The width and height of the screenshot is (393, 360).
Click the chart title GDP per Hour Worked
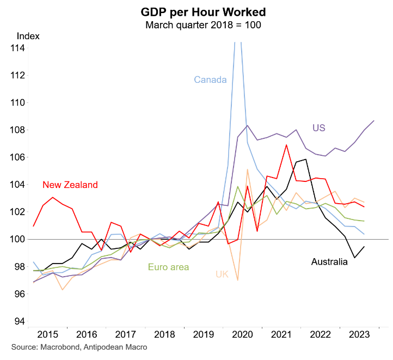pyautogui.click(x=196, y=11)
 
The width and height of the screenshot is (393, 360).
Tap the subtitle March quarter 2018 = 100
pyautogui.click(x=196, y=25)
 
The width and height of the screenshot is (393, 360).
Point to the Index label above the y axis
pyautogui.click(x=28, y=36)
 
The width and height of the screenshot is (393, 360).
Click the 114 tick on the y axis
pyautogui.click(x=18, y=48)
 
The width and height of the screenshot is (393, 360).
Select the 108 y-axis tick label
pyautogui.click(x=18, y=130)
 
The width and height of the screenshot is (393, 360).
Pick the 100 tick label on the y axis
pyautogui.click(x=18, y=240)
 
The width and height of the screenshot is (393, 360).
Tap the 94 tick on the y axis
pyautogui.click(x=18, y=321)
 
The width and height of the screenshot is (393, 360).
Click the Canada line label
pyautogui.click(x=210, y=80)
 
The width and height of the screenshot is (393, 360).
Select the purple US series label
pyautogui.click(x=318, y=128)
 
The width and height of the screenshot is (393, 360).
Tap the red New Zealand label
pyautogui.click(x=70, y=185)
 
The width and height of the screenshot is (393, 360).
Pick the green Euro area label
pyautogui.click(x=169, y=267)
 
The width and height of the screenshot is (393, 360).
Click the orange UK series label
pyautogui.click(x=222, y=274)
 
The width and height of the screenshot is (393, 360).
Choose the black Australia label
pyautogui.click(x=329, y=262)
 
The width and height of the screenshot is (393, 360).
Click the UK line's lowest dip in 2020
pyautogui.click(x=238, y=280)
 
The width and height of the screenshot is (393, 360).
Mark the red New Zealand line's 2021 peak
pyautogui.click(x=286, y=145)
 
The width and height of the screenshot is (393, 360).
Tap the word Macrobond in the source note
pyautogui.click(x=57, y=347)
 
